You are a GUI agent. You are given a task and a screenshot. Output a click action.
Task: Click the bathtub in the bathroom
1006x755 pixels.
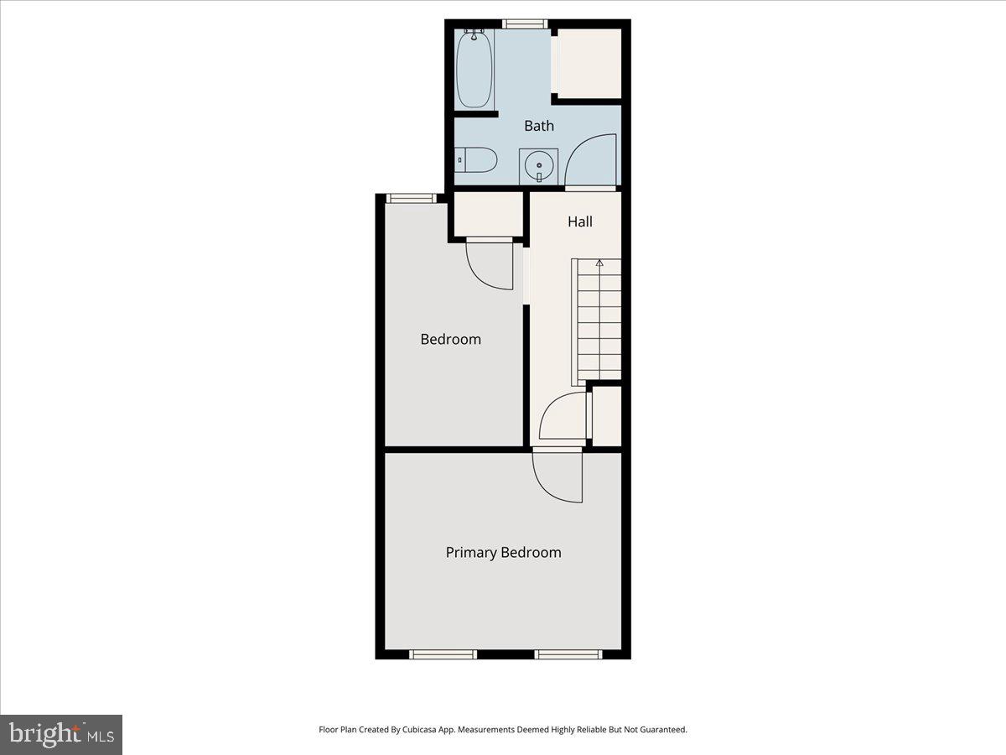[474, 69]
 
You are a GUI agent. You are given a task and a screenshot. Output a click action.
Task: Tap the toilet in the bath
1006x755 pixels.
[477, 159]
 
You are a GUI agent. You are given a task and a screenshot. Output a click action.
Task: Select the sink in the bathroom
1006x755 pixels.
[538, 166]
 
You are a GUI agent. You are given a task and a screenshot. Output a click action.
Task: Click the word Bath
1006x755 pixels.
[539, 126]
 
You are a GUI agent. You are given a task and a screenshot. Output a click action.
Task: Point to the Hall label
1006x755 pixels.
[580, 221]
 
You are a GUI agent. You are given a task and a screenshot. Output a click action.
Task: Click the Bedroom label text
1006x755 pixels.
[450, 339]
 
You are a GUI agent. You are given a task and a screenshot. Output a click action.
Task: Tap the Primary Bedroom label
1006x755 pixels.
[503, 552]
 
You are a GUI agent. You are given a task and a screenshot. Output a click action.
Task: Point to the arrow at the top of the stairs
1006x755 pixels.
[599, 263]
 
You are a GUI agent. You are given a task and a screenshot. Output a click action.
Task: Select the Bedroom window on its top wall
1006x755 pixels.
[411, 198]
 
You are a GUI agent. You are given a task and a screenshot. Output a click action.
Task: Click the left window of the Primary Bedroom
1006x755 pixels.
[443, 654]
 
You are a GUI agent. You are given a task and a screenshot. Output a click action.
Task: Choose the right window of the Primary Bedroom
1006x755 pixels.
[568, 654]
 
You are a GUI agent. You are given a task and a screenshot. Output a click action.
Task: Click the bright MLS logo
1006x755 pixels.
[61, 734]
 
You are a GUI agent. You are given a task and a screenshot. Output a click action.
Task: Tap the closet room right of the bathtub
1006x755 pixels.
[589, 64]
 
